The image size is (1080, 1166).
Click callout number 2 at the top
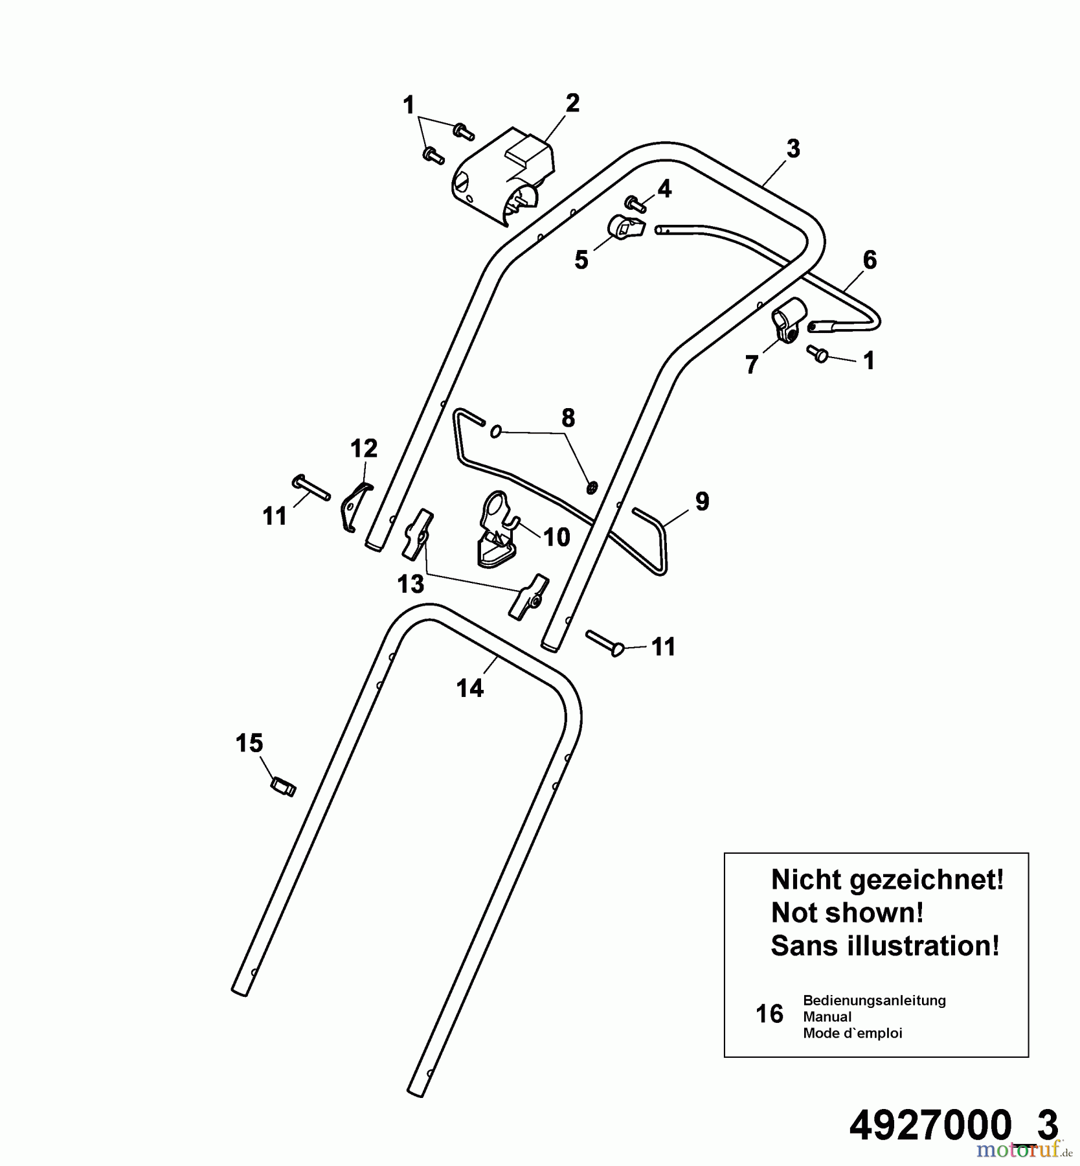point(572,104)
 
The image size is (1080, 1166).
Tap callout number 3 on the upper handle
point(793,149)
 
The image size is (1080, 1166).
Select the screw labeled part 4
point(636,205)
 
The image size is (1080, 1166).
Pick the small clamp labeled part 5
point(626,227)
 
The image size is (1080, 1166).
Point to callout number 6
point(870,260)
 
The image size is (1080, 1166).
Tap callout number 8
point(568,418)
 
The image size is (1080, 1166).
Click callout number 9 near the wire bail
point(703,501)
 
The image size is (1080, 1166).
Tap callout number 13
point(411,584)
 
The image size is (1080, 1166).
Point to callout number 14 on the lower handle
point(470,688)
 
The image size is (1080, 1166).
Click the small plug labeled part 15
point(283,787)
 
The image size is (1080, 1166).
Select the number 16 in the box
point(770,1014)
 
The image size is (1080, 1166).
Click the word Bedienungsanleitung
point(874,1000)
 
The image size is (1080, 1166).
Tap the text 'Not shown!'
point(848,913)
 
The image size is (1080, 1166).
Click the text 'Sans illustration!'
point(885,946)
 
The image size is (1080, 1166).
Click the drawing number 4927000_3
point(954,1125)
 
